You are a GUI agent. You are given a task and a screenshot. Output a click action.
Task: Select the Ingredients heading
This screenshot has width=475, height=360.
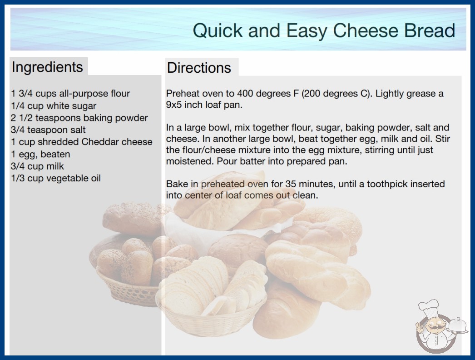pos(47,67)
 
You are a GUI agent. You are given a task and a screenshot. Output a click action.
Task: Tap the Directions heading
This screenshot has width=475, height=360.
pos(199,68)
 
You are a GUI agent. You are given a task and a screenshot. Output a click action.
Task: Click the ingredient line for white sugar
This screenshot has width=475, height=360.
pos(54,106)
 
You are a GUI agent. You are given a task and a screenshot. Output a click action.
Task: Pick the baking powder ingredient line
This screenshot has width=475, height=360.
pos(79,118)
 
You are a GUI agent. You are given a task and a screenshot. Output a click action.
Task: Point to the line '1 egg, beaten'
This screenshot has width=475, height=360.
pos(40,154)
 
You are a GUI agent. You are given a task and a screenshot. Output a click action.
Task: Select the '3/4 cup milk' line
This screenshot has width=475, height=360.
pos(37,166)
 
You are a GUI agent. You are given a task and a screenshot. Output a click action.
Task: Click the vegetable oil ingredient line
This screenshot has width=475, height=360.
pos(56,178)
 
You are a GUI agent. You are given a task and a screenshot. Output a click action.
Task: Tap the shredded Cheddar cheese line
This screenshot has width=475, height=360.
pos(81,142)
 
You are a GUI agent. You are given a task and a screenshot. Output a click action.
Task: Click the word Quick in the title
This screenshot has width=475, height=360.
pos(218,30)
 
